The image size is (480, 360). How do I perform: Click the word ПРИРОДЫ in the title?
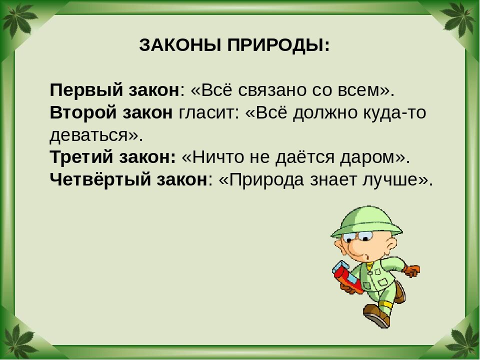tap(278, 45)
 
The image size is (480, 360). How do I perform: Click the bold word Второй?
tap(83, 112)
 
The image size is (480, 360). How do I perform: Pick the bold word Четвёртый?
tap(100, 179)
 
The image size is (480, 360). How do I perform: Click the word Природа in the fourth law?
tap(266, 180)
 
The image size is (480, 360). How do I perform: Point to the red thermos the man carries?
tap(347, 276)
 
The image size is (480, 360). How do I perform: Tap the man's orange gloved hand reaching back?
tap(411, 271)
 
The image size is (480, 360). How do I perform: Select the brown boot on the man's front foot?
tap(376, 315)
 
